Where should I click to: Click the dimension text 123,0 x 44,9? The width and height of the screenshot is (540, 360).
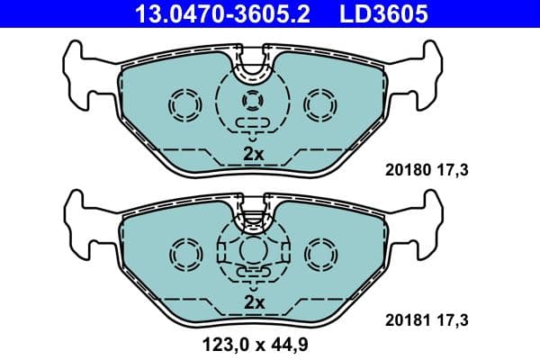(254, 343)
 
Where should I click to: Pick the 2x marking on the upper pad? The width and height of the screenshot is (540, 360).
(254, 154)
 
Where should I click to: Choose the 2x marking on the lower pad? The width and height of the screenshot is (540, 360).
(254, 303)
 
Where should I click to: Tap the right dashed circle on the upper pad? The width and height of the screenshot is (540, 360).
(319, 105)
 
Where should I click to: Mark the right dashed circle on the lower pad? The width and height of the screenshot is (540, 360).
(319, 253)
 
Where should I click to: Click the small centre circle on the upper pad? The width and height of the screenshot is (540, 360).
(254, 102)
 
